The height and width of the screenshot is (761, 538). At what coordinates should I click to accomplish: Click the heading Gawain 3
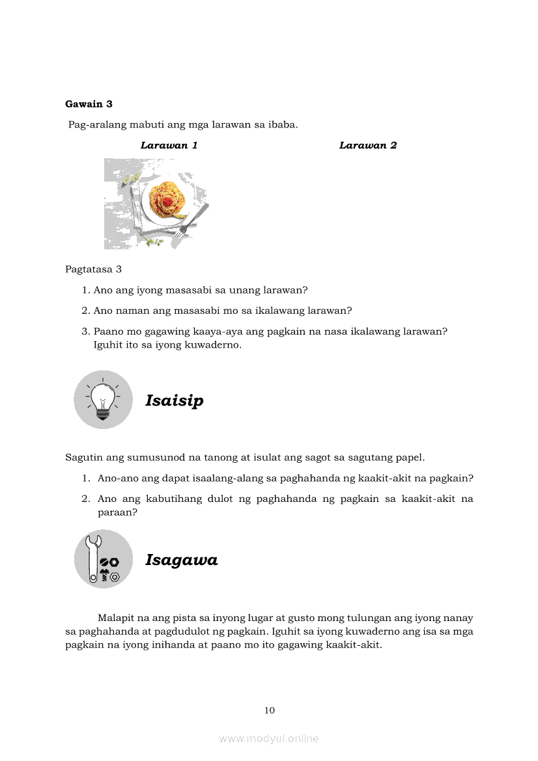89,104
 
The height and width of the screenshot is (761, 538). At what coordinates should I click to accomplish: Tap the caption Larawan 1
169,145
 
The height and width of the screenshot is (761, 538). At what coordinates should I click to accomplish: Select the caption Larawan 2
368,145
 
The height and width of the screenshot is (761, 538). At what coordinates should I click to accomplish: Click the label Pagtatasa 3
93,269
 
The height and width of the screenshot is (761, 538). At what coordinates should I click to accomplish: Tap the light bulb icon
103,399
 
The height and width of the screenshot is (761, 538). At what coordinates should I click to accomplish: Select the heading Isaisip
174,400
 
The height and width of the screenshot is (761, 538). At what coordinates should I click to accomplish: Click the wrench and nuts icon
103,559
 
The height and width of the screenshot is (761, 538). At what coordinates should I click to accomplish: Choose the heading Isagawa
181,560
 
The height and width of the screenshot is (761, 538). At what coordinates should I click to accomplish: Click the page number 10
270,710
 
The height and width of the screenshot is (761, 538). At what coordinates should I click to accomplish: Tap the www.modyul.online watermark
269,739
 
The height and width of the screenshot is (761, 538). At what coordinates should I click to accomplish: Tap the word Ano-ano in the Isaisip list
116,478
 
